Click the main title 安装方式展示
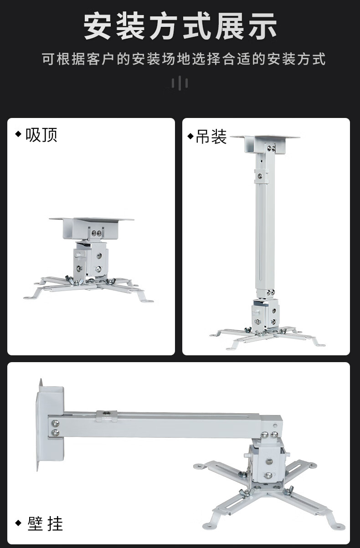[x=180, y=26]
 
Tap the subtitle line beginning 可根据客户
[x=184, y=59]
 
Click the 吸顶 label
[x=41, y=135]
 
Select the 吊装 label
[x=211, y=137]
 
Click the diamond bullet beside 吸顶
[x=18, y=134]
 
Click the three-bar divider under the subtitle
[x=180, y=83]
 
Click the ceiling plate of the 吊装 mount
[x=265, y=144]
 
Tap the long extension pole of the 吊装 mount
[x=265, y=230]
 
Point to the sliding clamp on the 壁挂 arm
[x=107, y=415]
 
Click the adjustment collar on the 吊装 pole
[x=262, y=176]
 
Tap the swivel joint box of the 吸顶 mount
[x=91, y=259]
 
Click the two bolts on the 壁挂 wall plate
[x=55, y=428]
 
